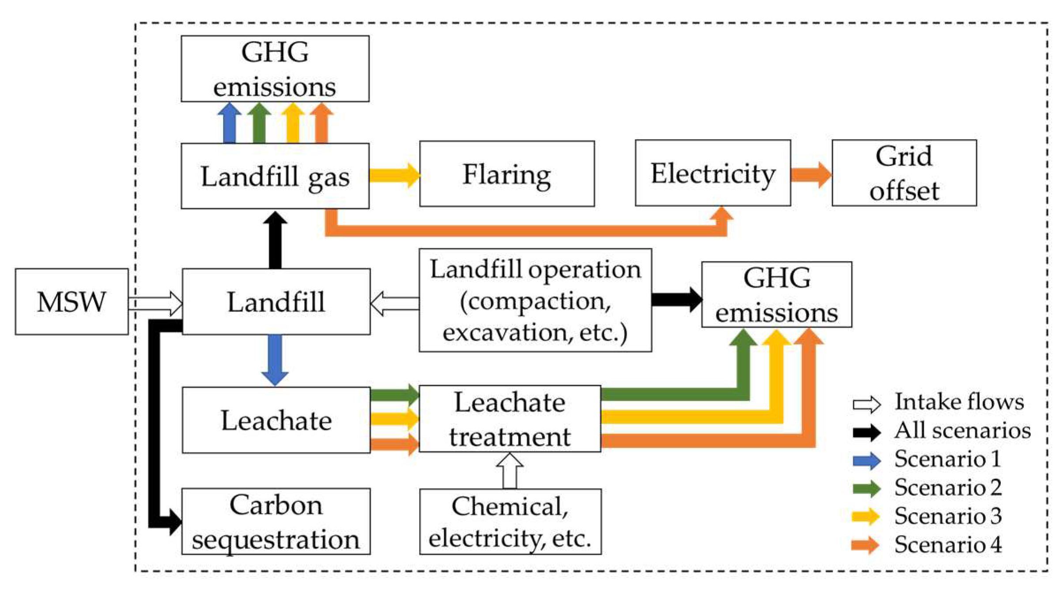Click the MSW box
point(72,302)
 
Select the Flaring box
point(507,174)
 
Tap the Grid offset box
point(904,173)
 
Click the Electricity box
point(712,173)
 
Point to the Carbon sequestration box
point(276,521)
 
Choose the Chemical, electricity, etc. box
point(510,521)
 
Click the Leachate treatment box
point(510,419)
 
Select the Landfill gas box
point(275,176)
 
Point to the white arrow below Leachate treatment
point(510,471)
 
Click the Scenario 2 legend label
point(948,487)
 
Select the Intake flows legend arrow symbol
point(866,404)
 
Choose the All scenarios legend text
point(962,430)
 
